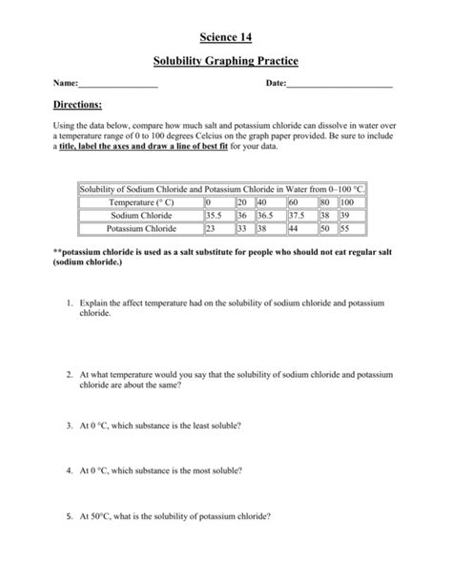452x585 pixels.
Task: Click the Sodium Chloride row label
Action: click(x=140, y=217)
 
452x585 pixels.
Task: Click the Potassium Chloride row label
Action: click(x=140, y=230)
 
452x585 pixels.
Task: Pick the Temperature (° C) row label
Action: click(x=140, y=203)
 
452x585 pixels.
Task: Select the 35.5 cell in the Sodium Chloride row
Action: click(x=216, y=217)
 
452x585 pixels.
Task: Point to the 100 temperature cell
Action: click(x=347, y=203)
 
